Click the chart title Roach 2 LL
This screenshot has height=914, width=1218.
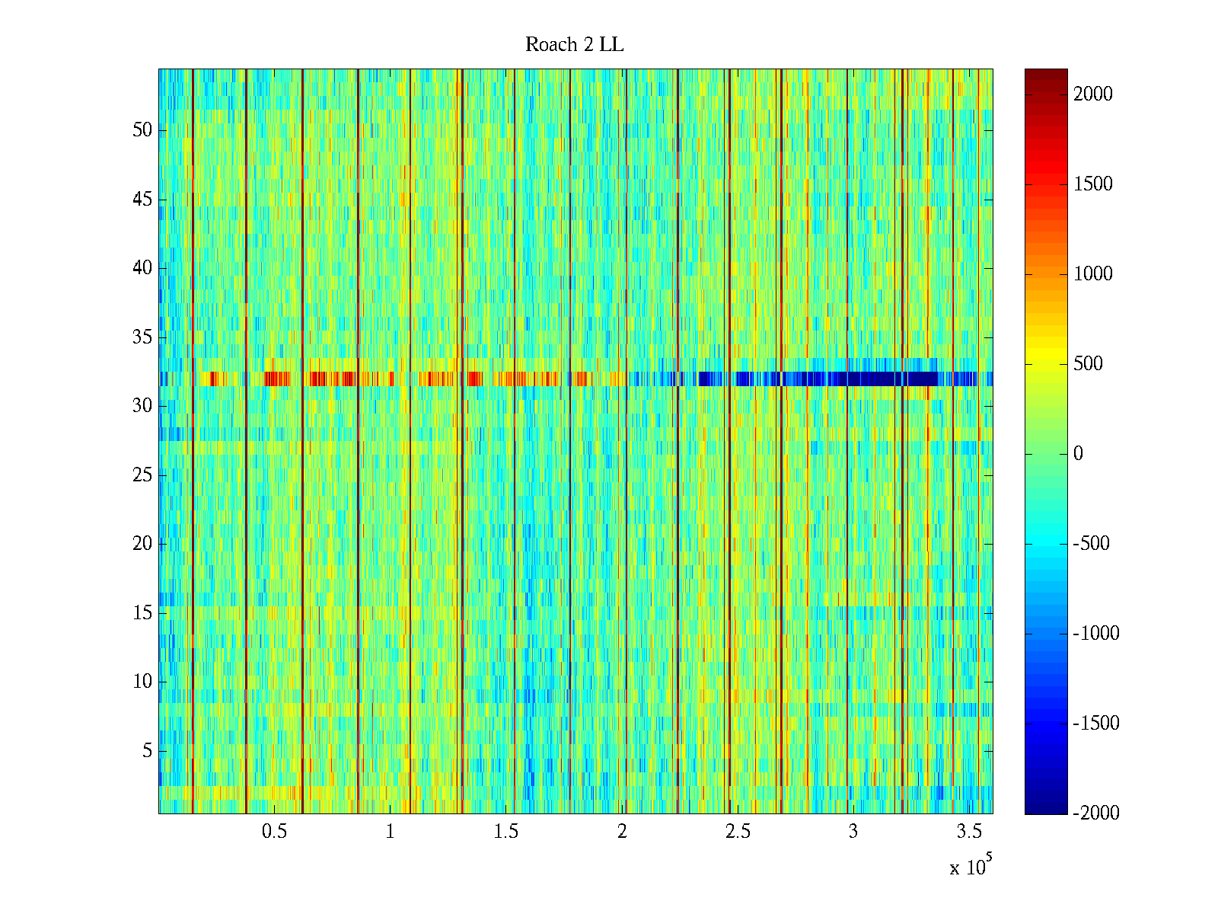point(574,45)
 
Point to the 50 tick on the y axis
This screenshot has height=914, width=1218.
point(142,129)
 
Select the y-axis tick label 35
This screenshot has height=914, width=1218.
point(142,337)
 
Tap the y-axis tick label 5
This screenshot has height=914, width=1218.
point(147,751)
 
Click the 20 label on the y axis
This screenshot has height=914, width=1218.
point(142,544)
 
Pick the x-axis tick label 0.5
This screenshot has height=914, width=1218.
point(274,832)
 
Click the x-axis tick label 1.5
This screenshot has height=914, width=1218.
point(505,832)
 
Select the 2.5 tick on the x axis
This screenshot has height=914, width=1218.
point(737,832)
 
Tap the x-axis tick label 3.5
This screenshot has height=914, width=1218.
point(968,832)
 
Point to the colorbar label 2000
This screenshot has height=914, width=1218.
point(1093,94)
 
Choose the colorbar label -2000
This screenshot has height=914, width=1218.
point(1096,813)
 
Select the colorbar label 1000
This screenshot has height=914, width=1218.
point(1093,274)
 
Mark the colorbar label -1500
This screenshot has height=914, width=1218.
point(1096,723)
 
